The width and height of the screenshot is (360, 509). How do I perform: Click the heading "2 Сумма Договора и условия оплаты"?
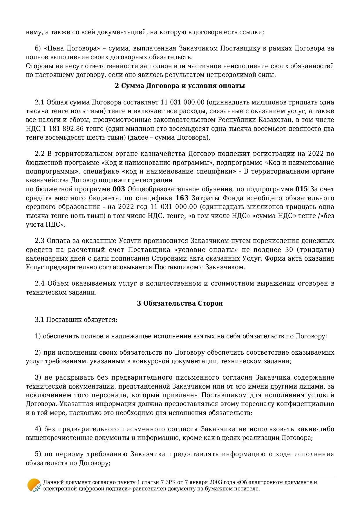pyautogui.click(x=180, y=86)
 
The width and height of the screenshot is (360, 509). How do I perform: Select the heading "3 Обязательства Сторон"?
pyautogui.click(x=180, y=303)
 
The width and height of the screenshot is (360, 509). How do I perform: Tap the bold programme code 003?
pyautogui.click(x=119, y=189)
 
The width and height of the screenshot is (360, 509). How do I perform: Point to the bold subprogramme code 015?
pyautogui.click(x=301, y=189)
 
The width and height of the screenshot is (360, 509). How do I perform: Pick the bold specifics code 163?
pyautogui.click(x=182, y=198)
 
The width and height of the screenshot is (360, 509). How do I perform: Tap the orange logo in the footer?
pyautogui.click(x=34, y=485)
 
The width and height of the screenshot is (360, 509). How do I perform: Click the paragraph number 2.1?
pyautogui.click(x=39, y=102)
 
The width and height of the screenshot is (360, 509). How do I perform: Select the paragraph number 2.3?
pyautogui.click(x=39, y=241)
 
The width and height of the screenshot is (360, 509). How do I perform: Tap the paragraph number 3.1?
pyautogui.click(x=39, y=320)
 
